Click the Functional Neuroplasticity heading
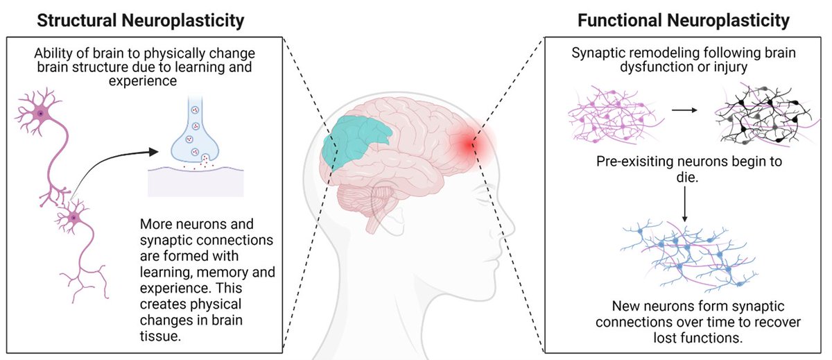[684, 21]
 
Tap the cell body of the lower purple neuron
[71, 218]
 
